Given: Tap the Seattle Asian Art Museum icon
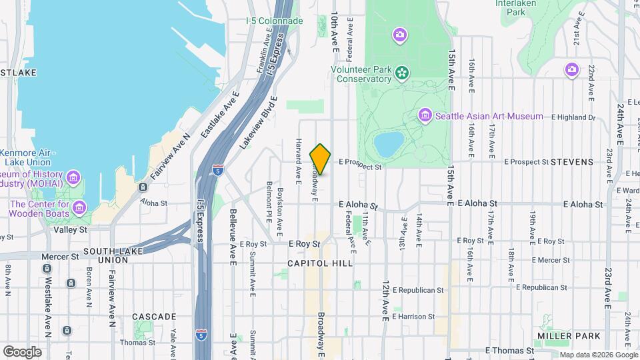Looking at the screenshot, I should click(x=425, y=117).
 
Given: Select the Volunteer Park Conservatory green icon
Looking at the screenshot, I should click(x=402, y=72).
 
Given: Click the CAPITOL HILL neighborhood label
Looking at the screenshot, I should click(x=319, y=263).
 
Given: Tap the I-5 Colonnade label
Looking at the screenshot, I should click(x=274, y=21).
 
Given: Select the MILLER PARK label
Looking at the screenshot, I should click(x=569, y=335).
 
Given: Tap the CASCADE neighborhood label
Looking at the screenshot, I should click(x=154, y=317).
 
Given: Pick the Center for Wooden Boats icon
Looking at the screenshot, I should click(x=79, y=208).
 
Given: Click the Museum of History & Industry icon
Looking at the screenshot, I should click(x=73, y=178).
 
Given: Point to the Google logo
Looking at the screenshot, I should click(x=22, y=351).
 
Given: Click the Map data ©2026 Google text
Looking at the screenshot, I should click(x=600, y=354).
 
